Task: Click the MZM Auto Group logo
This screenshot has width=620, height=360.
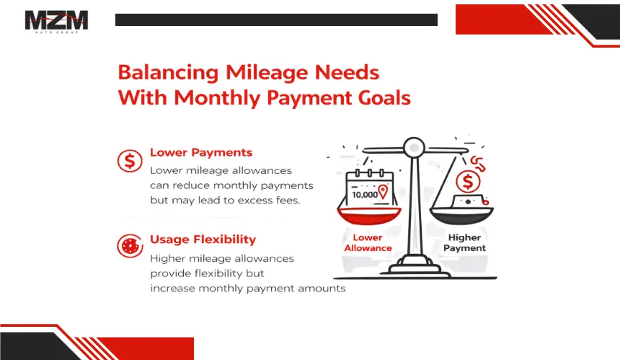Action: pos(56,22)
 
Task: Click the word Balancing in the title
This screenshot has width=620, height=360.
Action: pos(168,73)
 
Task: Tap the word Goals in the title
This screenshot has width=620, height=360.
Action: pos(384,97)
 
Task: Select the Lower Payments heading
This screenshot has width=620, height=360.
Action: pos(201,152)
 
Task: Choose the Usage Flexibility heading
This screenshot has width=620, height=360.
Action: pos(203,240)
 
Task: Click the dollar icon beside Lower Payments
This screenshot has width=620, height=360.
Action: pos(130,161)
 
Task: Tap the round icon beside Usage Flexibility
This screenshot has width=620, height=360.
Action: pos(130,246)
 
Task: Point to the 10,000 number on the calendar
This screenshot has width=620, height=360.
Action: pos(365,195)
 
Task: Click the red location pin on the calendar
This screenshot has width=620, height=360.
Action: pos(383,192)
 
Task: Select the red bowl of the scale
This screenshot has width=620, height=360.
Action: pos(369,216)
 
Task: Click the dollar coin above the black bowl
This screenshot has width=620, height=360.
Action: pos(468,183)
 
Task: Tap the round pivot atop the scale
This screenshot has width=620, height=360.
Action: pos(414,148)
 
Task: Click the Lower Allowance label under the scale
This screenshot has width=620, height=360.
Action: pos(368,243)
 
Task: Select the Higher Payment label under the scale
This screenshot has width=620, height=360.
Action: pos(464,243)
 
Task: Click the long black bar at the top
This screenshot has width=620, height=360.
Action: pos(276,19)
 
